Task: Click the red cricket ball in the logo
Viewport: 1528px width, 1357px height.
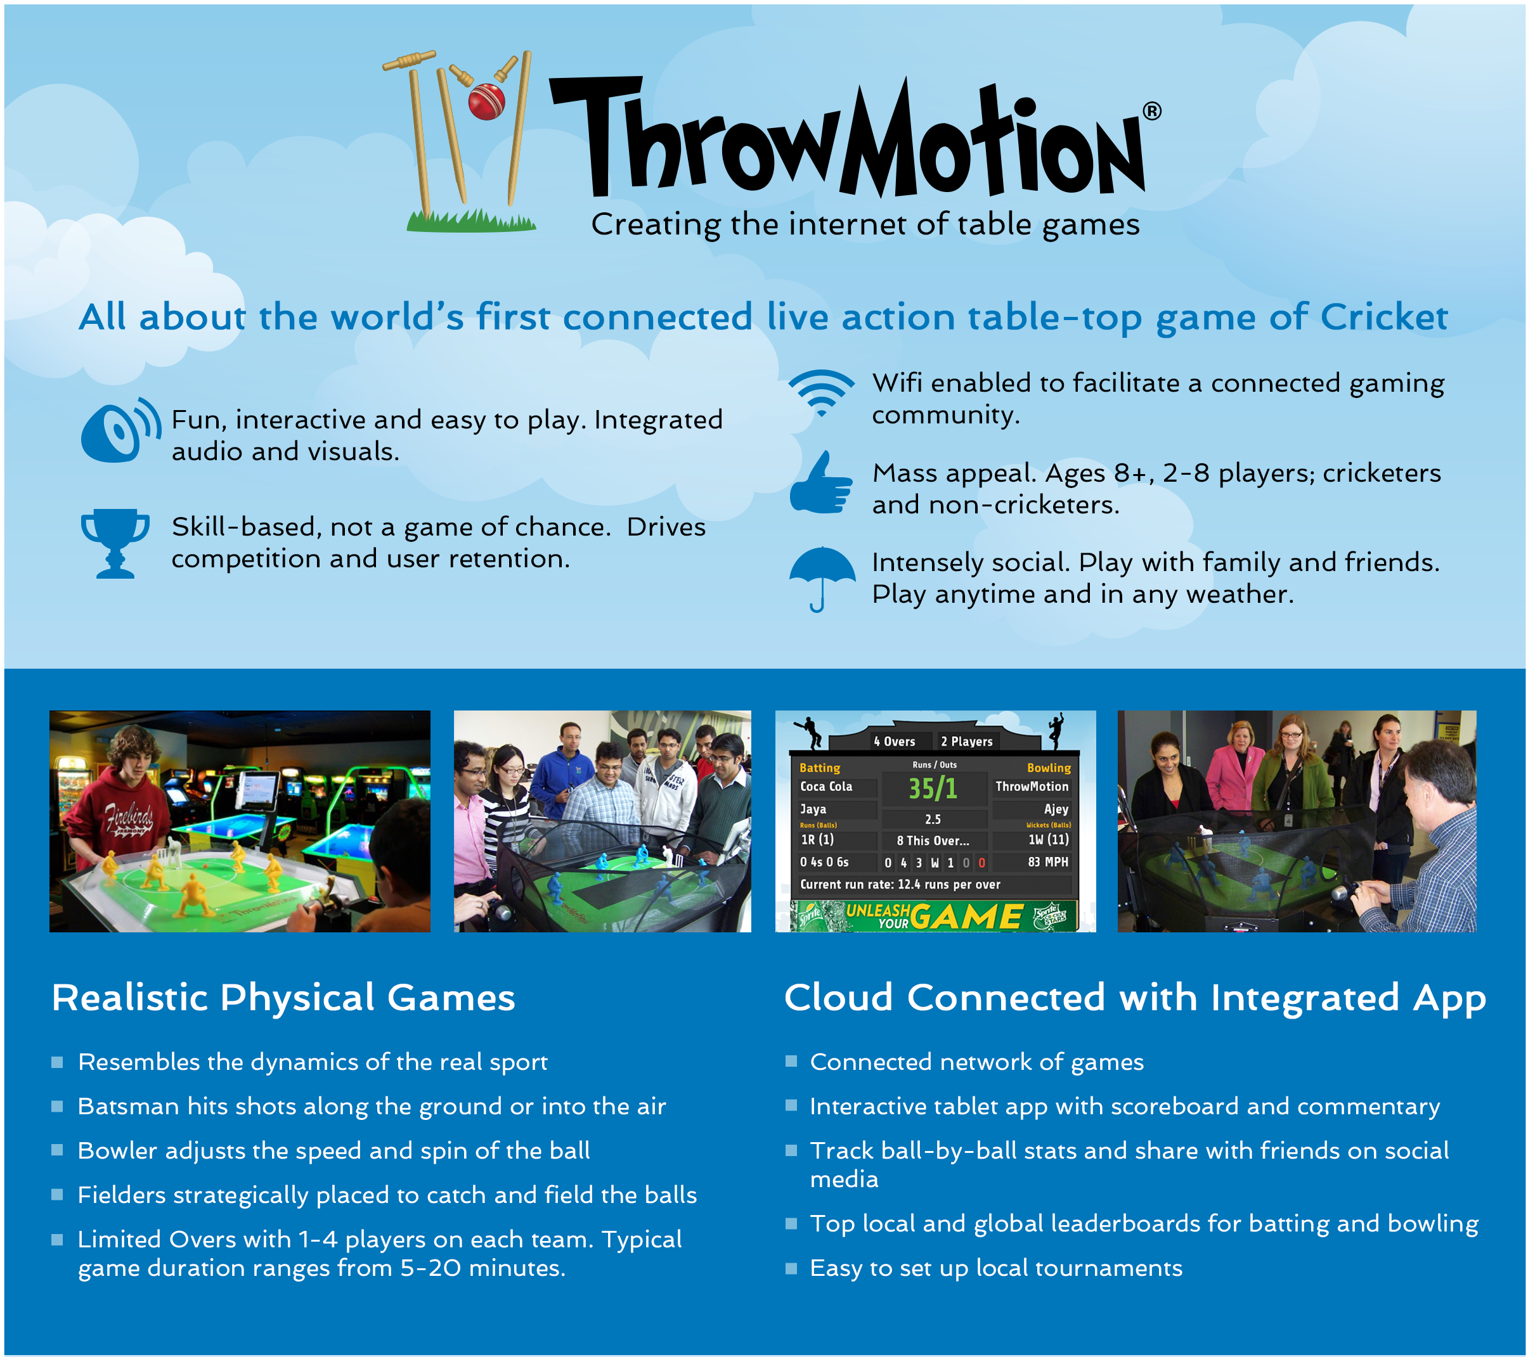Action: click(x=486, y=101)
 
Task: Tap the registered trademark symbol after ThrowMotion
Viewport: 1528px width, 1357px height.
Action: click(x=1152, y=112)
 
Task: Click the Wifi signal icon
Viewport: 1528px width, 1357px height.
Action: click(x=822, y=392)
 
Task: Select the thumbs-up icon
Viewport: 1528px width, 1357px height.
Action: click(x=821, y=484)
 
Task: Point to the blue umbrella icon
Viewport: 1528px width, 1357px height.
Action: click(x=822, y=576)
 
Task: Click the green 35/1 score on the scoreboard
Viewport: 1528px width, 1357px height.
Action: click(x=932, y=788)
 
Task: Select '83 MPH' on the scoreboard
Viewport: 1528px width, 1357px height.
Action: click(x=1047, y=861)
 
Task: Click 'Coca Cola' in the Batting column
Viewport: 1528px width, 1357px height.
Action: click(x=826, y=786)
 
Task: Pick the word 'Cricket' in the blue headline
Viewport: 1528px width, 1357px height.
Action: click(x=1383, y=317)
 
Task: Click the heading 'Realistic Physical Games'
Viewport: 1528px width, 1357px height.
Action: click(x=283, y=998)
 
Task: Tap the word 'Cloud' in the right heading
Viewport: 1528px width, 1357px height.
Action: click(x=838, y=998)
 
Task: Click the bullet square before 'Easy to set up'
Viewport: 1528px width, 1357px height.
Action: click(x=791, y=1268)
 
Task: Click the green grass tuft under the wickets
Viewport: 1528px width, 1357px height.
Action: click(x=471, y=221)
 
